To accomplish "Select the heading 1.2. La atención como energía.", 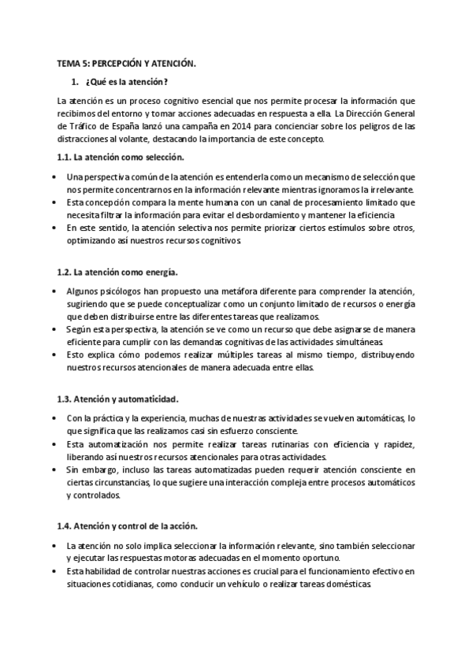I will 117,272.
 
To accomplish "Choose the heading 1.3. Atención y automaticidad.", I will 118,399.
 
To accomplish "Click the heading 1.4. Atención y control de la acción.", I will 127,525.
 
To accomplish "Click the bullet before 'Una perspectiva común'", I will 52,176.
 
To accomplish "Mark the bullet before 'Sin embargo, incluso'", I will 52,469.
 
